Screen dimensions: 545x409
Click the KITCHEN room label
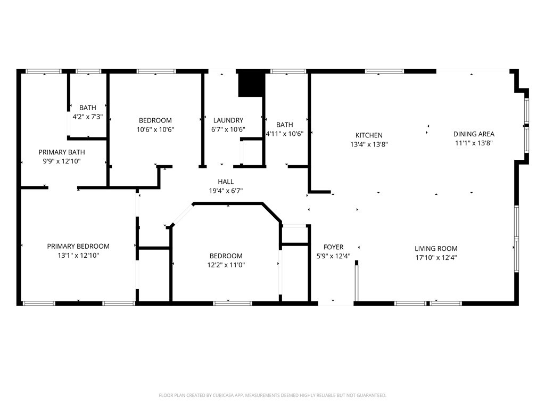pos(369,135)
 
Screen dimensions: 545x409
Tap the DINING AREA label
pos(474,134)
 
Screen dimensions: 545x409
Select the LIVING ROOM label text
pos(436,248)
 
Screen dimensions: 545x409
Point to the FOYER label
pos(333,247)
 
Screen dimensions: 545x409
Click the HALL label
pos(226,182)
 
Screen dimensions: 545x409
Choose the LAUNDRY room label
pos(228,120)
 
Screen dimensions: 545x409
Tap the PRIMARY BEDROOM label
pos(78,246)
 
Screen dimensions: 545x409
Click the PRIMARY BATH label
pos(62,152)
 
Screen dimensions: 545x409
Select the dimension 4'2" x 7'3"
pos(88,117)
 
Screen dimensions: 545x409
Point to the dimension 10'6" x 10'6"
pos(155,130)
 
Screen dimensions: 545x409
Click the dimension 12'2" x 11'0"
pos(226,265)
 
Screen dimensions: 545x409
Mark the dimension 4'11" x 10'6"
pos(284,134)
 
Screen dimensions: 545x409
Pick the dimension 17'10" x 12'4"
pos(436,258)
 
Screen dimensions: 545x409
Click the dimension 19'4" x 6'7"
pos(226,191)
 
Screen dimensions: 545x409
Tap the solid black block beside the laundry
pos(250,83)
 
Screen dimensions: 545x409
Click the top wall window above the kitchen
pos(384,71)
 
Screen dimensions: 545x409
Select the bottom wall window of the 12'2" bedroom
pos(233,303)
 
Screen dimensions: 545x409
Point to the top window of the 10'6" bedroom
pos(156,71)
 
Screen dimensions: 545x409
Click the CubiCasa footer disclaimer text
pos(272,396)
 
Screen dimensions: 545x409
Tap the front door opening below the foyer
pos(336,304)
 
